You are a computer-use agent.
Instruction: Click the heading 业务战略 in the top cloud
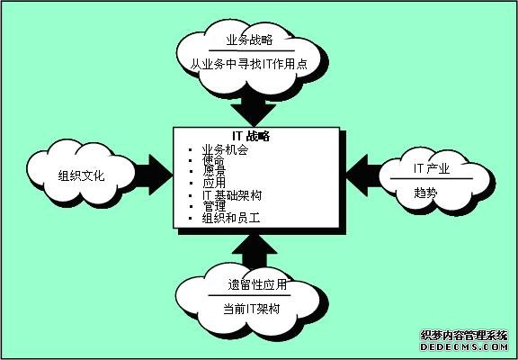[x=249, y=40]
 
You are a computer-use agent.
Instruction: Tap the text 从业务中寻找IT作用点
[x=249, y=64]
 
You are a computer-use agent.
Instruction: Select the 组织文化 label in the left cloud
[x=81, y=175]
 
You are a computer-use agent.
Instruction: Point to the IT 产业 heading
[x=432, y=169]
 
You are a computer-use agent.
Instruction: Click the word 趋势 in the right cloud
[x=425, y=193]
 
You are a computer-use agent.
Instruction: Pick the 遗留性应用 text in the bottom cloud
[x=257, y=285]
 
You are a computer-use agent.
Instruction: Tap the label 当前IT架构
[x=252, y=309]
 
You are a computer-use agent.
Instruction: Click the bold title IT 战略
[x=253, y=136]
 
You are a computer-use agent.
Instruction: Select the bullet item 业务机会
[x=225, y=150]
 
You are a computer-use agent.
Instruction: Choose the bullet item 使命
[x=213, y=162]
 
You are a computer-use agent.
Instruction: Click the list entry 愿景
[x=213, y=173]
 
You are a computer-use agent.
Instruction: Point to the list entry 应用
[x=213, y=184]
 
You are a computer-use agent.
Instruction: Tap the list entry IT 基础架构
[x=232, y=195]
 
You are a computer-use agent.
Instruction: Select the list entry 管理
[x=213, y=207]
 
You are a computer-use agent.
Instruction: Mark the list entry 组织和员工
[x=231, y=218]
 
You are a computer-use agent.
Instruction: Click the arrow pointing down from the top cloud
[x=254, y=109]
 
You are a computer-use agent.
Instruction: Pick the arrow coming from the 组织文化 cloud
[x=153, y=175]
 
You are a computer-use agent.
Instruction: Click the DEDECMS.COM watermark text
[x=464, y=347]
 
